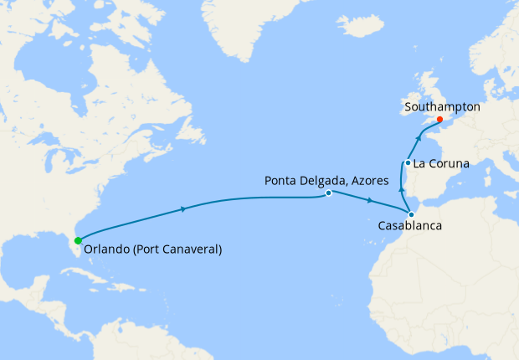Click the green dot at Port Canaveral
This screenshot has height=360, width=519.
[x=78, y=240]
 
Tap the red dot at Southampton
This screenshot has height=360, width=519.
[x=439, y=120]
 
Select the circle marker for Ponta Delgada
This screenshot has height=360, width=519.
[x=329, y=193]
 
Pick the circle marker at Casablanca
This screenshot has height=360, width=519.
[x=411, y=215]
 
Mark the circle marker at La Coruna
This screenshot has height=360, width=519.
[x=407, y=162]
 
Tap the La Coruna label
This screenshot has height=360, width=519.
[x=440, y=163]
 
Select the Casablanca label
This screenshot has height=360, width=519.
[x=409, y=227]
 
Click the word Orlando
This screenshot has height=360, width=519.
[x=106, y=249]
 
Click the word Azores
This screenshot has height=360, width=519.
[x=366, y=180]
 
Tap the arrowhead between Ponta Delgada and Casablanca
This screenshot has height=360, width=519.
[x=370, y=201]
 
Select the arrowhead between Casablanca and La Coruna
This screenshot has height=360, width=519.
[x=402, y=192]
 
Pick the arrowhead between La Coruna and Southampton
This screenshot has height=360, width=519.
[x=418, y=135]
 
